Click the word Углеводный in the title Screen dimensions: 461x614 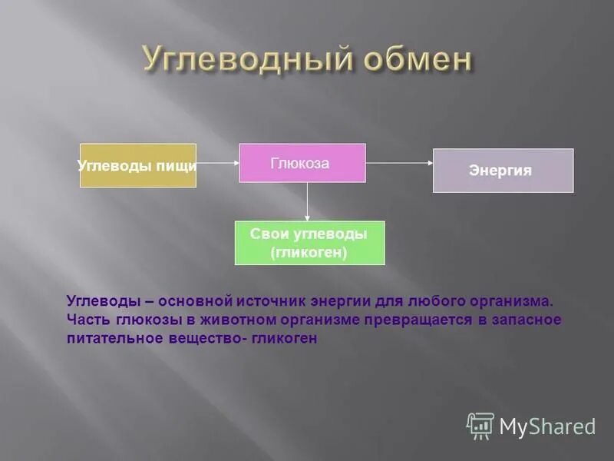coord(230,59)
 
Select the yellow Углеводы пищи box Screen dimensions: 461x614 coord(138,165)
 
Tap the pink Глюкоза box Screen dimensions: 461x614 coord(302,163)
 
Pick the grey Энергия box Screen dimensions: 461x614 coord(503,171)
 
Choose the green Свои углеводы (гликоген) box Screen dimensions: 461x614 coord(309,243)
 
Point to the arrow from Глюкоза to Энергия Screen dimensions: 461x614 coord(399,163)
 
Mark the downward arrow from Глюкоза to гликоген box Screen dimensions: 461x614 coord(307,201)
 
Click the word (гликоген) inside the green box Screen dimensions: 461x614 coord(309,251)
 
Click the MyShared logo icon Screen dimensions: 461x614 coord(480,425)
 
